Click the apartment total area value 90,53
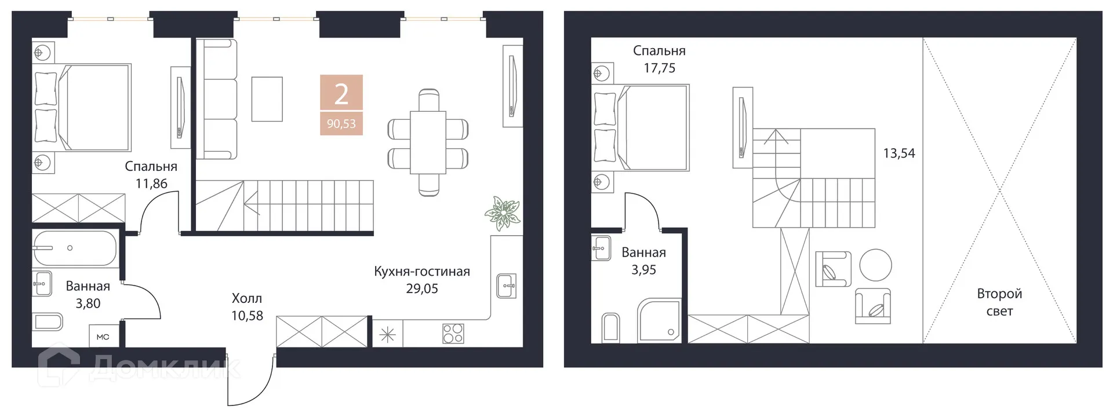[x=341, y=124]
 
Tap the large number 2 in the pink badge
[x=341, y=94]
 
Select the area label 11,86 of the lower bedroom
[x=151, y=184]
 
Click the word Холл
[x=247, y=299]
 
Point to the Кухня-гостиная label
[x=421, y=272]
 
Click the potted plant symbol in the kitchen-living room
[x=502, y=212]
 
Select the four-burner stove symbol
[x=453, y=334]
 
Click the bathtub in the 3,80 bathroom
[x=75, y=248]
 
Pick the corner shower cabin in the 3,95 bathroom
[x=659, y=321]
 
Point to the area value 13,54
[x=899, y=153]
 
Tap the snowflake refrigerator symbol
[x=387, y=335]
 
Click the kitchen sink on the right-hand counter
[x=507, y=286]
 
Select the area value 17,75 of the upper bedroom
[x=659, y=68]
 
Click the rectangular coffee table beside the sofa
[x=267, y=99]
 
